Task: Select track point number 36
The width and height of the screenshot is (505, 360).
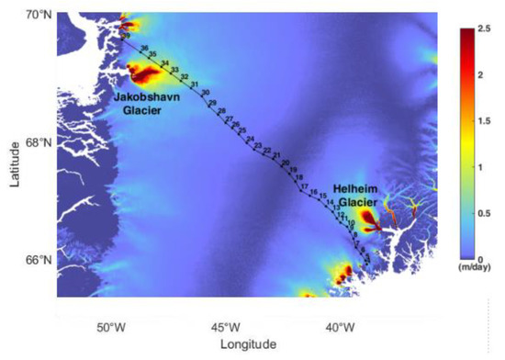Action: click(x=143, y=47)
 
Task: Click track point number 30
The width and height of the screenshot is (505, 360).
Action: click(x=205, y=94)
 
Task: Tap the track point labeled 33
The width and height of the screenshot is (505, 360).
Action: click(x=174, y=69)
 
